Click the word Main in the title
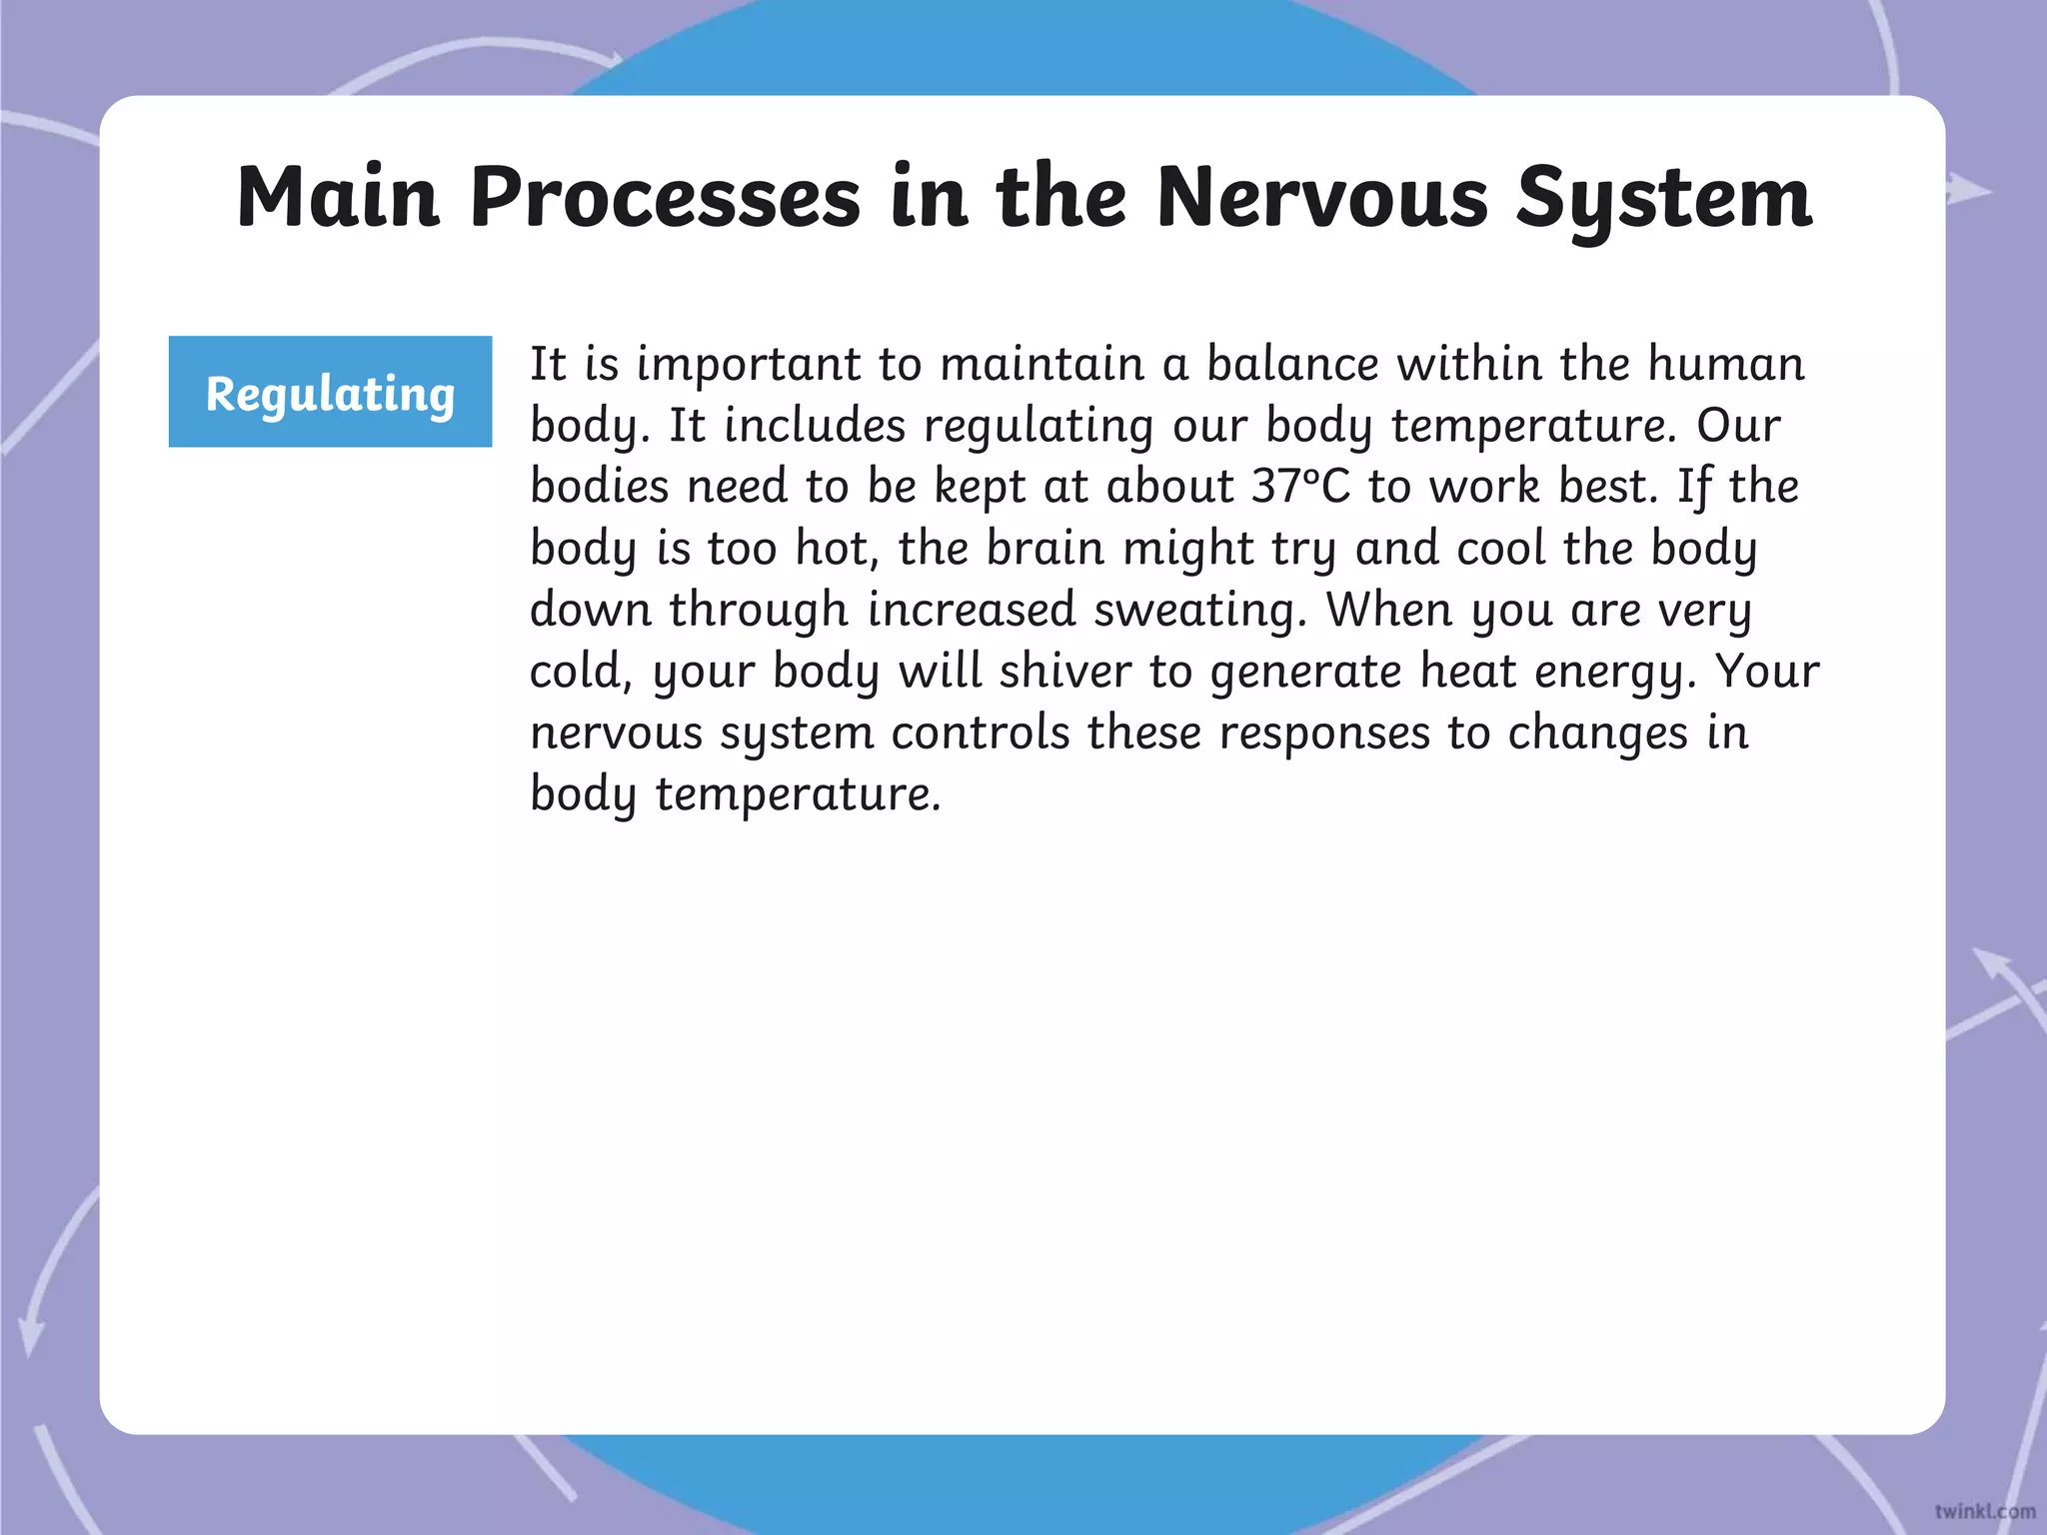(338, 197)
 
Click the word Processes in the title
(665, 197)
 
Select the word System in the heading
(1663, 199)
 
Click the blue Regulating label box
(330, 392)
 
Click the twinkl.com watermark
(1984, 1511)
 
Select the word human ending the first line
(1725, 364)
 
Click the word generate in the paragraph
(1305, 673)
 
